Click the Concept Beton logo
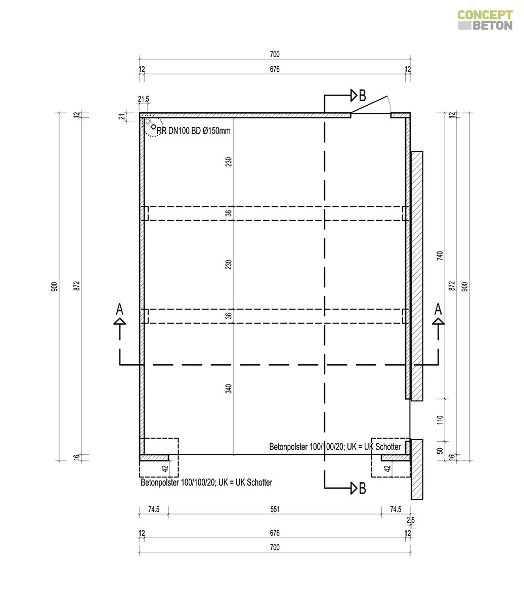[x=485, y=20]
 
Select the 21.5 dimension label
[x=143, y=99]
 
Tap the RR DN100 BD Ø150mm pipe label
[x=194, y=131]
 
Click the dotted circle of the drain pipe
[x=154, y=127]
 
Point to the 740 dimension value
[x=440, y=255]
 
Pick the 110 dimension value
[x=440, y=420]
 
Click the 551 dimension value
[x=275, y=509]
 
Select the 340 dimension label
[x=228, y=388]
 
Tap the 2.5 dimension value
[x=410, y=520]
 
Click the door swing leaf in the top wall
[x=369, y=104]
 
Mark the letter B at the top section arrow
[x=363, y=96]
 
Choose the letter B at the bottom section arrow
[x=363, y=488]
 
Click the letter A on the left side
[x=119, y=309]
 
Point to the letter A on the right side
[x=438, y=309]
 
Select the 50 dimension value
[x=440, y=451]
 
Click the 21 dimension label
[x=121, y=116]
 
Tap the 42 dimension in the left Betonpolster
[x=165, y=468]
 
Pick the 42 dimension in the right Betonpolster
[x=387, y=468]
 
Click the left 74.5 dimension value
[x=154, y=509]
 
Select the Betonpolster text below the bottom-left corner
[x=206, y=483]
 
